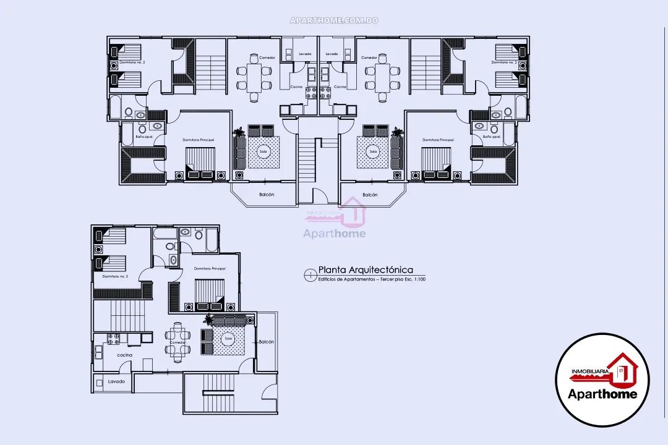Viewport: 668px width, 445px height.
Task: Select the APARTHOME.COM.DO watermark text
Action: click(x=334, y=20)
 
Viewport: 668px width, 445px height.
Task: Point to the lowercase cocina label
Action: click(x=124, y=355)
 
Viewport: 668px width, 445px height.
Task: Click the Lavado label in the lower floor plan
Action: click(x=116, y=381)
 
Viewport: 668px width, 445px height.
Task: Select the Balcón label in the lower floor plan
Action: click(x=267, y=342)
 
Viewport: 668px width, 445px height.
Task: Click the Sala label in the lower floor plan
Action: click(x=228, y=338)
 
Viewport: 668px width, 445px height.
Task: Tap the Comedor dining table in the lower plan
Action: click(x=178, y=341)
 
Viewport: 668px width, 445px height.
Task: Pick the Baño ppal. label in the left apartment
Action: click(x=143, y=136)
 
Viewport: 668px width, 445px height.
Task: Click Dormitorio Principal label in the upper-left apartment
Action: click(x=199, y=140)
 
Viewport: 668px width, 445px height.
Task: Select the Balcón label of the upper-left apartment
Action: click(x=267, y=195)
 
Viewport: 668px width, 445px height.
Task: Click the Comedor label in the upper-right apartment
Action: click(x=369, y=57)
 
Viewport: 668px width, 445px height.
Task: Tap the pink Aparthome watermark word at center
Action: click(x=334, y=234)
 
